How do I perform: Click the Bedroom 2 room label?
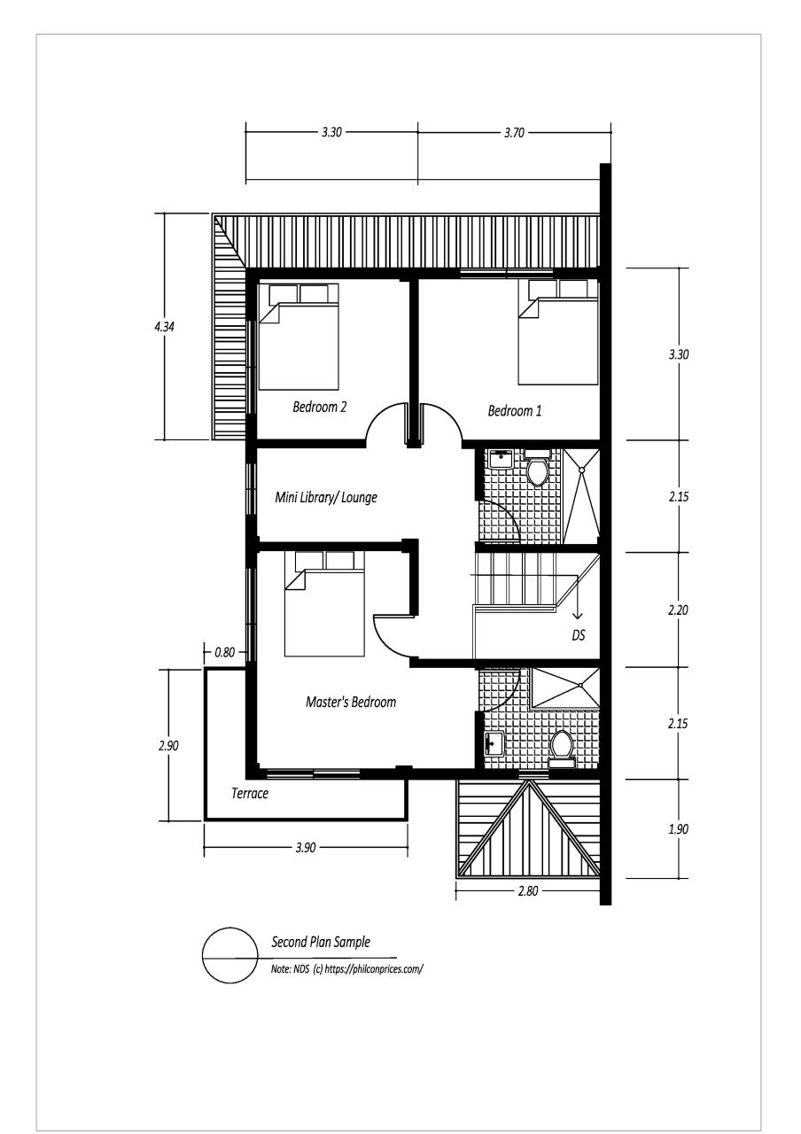click(320, 407)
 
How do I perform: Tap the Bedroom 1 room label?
click(515, 410)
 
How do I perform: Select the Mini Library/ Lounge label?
click(326, 497)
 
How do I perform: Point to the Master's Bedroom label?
click(351, 702)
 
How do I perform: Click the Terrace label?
click(250, 793)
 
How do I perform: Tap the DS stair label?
click(579, 635)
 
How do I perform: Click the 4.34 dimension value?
click(165, 327)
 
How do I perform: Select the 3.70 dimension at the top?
click(514, 133)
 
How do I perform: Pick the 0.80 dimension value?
click(225, 653)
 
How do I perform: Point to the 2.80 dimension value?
click(527, 891)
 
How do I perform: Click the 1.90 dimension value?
click(678, 829)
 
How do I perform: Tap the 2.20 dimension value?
click(678, 610)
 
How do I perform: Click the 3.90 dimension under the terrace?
click(306, 848)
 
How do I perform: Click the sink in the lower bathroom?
click(494, 743)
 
